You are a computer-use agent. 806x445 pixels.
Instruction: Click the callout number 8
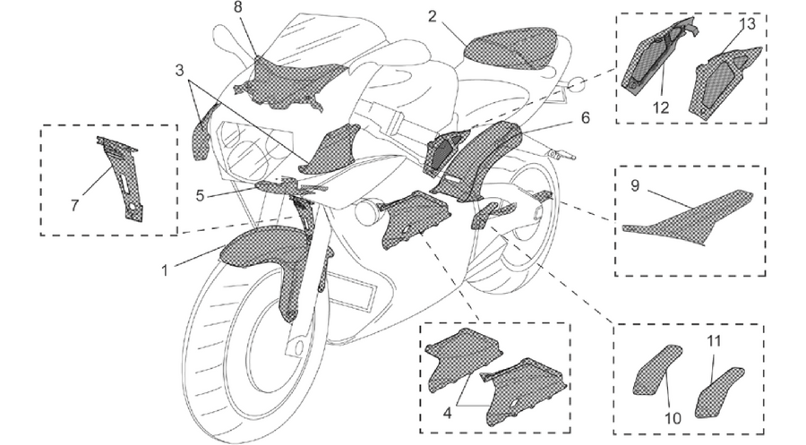click(x=237, y=8)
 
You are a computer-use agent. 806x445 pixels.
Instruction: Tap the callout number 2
click(x=433, y=17)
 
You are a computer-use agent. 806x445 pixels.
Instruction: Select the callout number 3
click(x=179, y=70)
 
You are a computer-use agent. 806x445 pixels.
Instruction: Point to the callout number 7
click(x=74, y=206)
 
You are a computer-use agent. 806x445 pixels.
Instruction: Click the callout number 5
click(x=200, y=196)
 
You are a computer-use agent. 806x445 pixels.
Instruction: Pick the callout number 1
click(x=165, y=270)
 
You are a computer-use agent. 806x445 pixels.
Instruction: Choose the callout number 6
click(x=586, y=117)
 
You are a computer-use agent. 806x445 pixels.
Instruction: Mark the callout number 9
click(x=635, y=185)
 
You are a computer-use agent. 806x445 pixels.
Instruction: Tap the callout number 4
click(x=447, y=413)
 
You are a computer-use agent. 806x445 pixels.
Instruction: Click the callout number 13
click(x=748, y=23)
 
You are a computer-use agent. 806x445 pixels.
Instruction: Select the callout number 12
click(x=661, y=107)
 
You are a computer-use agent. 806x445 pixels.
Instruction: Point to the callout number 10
click(x=673, y=419)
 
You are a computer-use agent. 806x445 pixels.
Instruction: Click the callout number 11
click(x=714, y=340)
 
